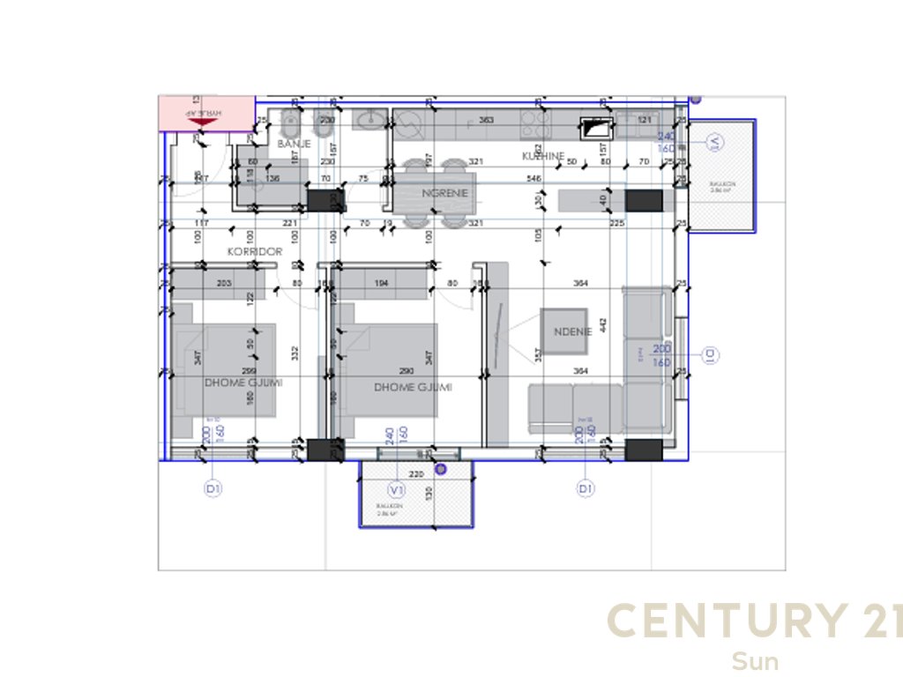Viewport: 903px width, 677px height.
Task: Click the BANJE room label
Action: point(294,143)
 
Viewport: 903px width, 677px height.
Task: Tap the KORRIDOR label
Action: point(255,251)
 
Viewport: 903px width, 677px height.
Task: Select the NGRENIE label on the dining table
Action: point(444,193)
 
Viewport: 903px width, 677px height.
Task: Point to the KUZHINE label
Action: point(542,156)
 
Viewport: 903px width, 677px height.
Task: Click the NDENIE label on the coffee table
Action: point(564,332)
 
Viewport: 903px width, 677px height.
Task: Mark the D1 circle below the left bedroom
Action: point(212,488)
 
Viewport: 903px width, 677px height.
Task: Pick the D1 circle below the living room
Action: point(585,488)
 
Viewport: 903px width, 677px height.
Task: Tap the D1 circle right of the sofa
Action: point(709,354)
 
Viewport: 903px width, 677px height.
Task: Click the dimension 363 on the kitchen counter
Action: point(485,120)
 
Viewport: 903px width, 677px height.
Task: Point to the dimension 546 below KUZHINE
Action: point(534,179)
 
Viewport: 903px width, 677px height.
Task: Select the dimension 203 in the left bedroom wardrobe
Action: point(223,283)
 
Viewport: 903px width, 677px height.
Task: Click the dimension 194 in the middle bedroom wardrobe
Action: point(381,283)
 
